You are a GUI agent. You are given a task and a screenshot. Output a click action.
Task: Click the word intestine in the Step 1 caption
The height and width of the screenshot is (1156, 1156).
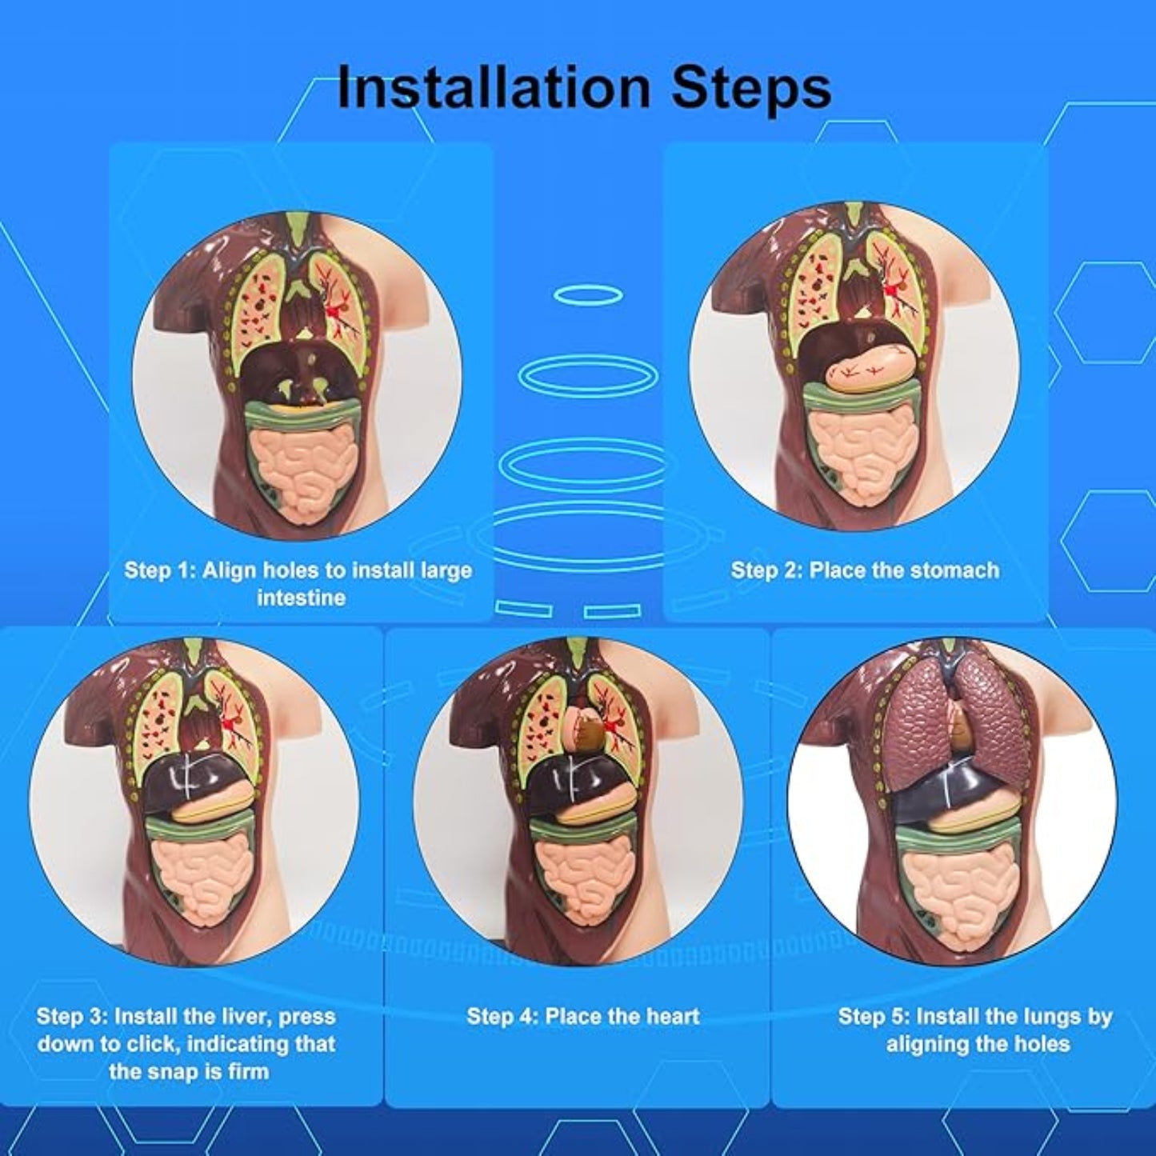pos(301,598)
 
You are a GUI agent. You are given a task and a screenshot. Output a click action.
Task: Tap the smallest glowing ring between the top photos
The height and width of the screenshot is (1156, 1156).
pos(586,294)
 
